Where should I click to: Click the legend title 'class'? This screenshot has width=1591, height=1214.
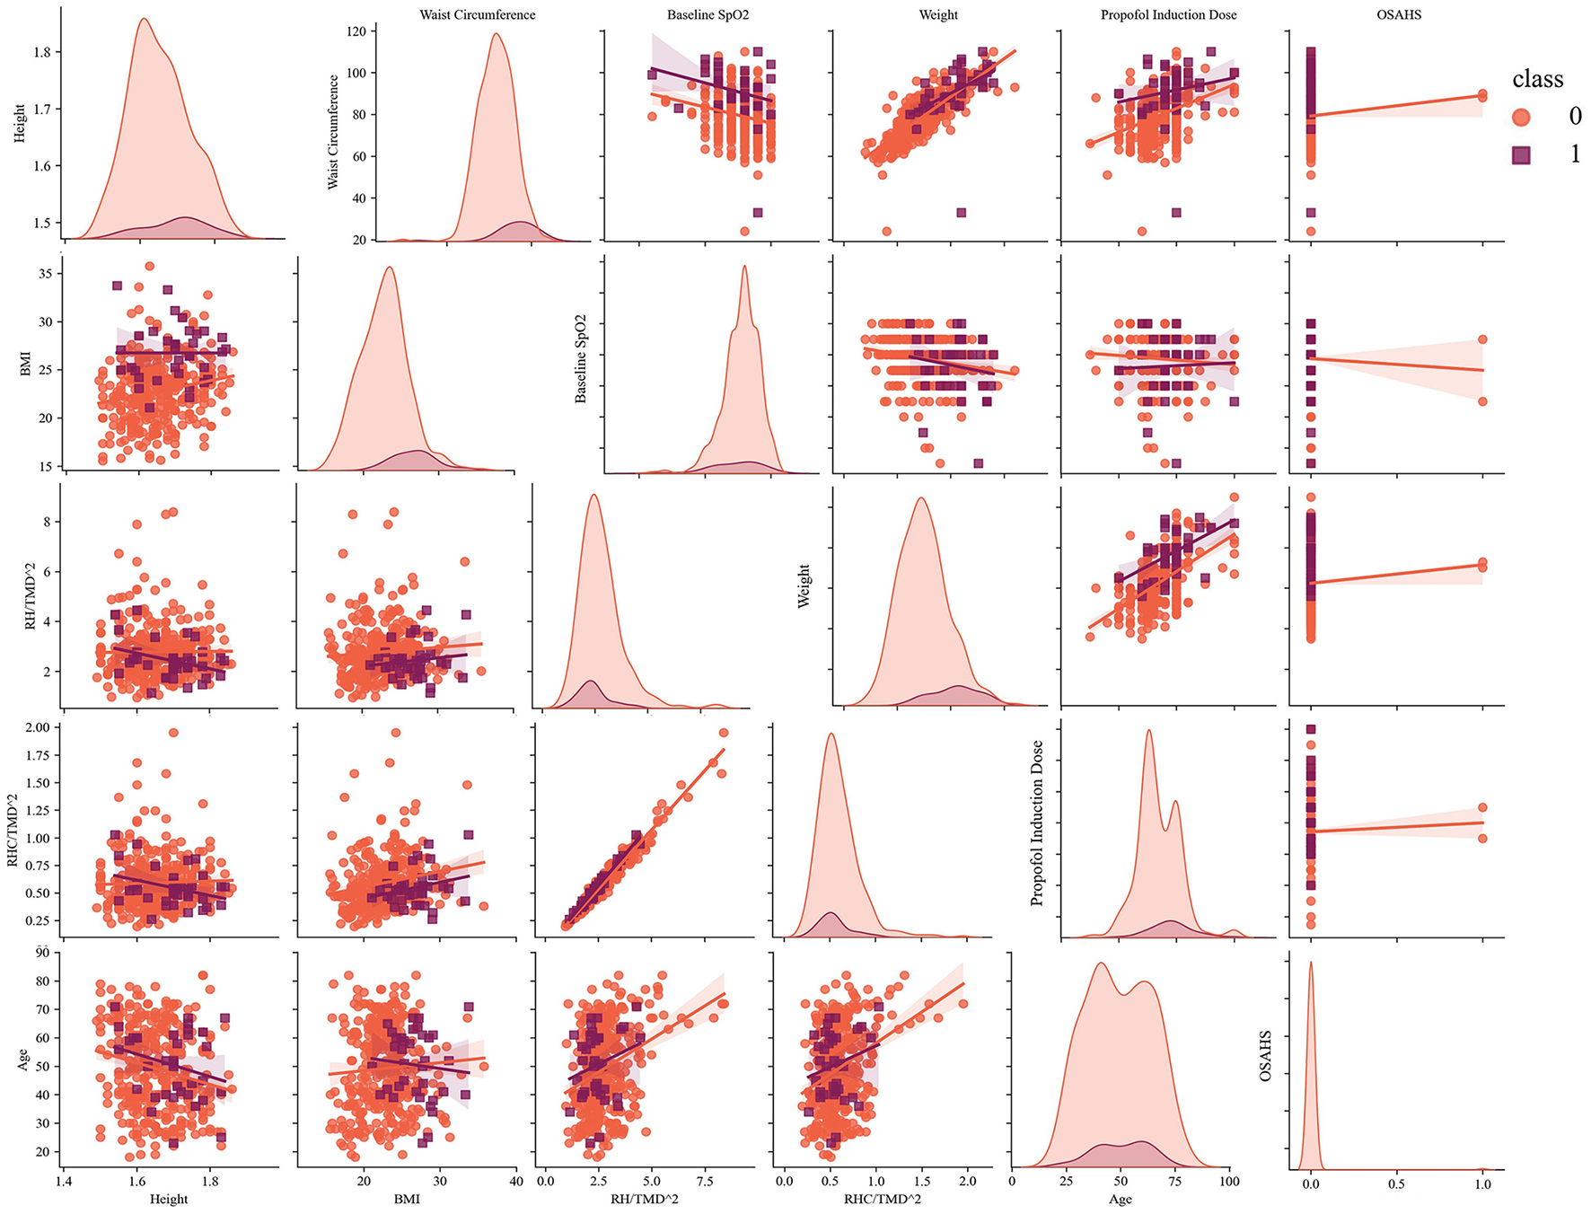[1537, 80]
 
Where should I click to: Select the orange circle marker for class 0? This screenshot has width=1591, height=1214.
[1521, 117]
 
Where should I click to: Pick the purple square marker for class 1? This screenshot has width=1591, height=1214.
[1521, 155]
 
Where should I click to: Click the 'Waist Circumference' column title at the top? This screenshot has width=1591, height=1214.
[477, 15]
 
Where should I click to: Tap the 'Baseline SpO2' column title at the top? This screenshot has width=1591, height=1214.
[708, 15]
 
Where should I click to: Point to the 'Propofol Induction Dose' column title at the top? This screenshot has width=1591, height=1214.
[1168, 15]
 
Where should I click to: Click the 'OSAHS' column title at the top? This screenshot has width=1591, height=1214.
[1399, 15]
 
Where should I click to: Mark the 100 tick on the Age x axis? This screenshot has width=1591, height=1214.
[1228, 1182]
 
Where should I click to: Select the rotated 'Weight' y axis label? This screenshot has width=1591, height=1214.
[804, 586]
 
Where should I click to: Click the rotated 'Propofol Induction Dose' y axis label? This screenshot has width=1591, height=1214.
[1037, 823]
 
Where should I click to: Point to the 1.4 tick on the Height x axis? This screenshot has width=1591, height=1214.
[63, 1182]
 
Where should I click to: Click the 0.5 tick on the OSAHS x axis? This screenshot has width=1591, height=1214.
[1396, 1183]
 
